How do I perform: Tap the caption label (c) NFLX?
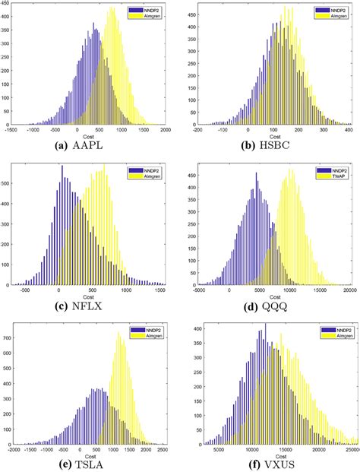[89, 305]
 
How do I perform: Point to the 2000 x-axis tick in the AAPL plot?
[166, 130]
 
